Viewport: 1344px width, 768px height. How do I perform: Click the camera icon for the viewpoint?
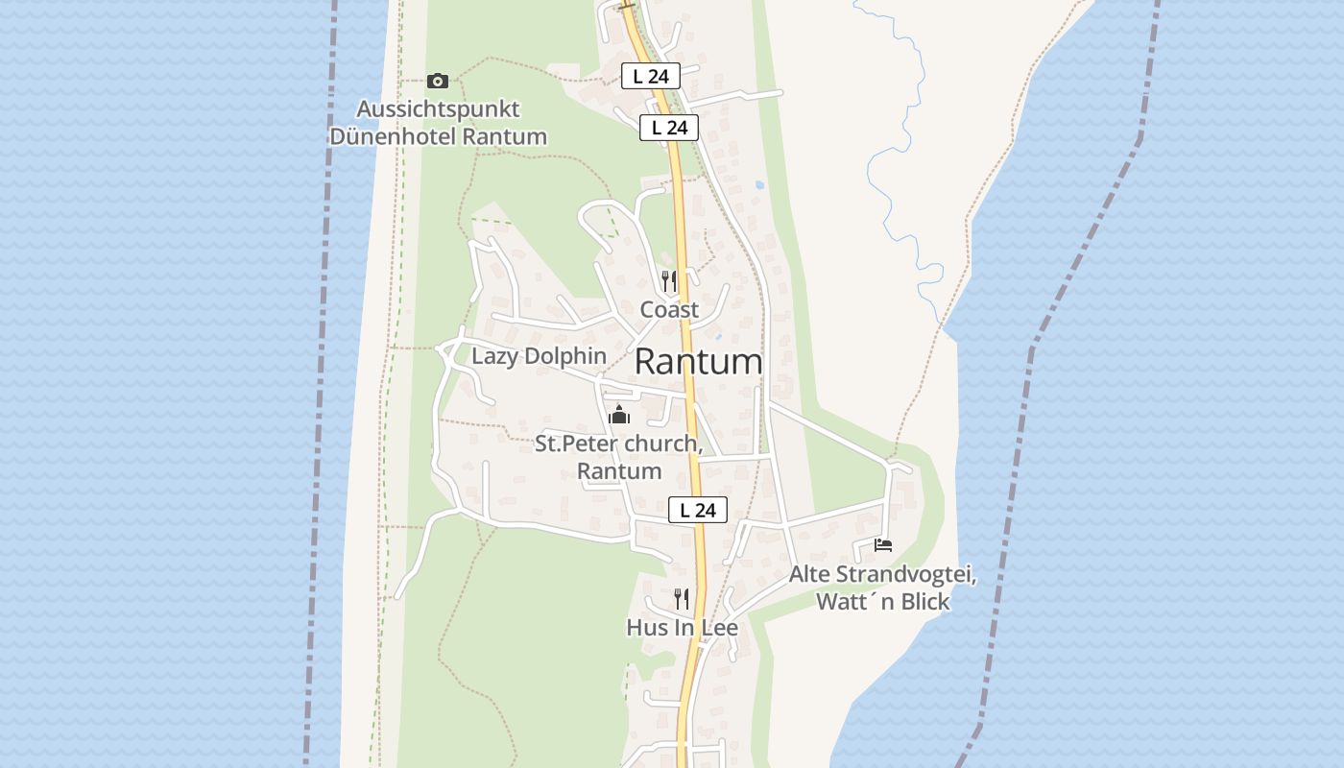[438, 81]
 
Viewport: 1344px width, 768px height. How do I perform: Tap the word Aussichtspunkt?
[438, 108]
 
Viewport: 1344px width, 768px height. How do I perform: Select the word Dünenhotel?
[393, 136]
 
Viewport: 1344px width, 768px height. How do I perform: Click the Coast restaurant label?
[670, 310]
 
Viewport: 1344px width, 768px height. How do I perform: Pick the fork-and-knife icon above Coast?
[669, 281]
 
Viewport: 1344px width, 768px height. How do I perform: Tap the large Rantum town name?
[699, 362]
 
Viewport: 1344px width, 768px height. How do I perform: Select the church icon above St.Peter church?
[619, 415]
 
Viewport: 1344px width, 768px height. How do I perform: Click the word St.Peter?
[575, 444]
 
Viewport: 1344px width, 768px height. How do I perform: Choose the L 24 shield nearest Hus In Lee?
[698, 510]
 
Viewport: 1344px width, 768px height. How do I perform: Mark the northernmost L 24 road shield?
[651, 76]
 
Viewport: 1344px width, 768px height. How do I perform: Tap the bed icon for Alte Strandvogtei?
[883, 545]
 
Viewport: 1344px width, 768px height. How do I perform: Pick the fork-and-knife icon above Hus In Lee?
[682, 599]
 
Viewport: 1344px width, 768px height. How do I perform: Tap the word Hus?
[645, 628]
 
